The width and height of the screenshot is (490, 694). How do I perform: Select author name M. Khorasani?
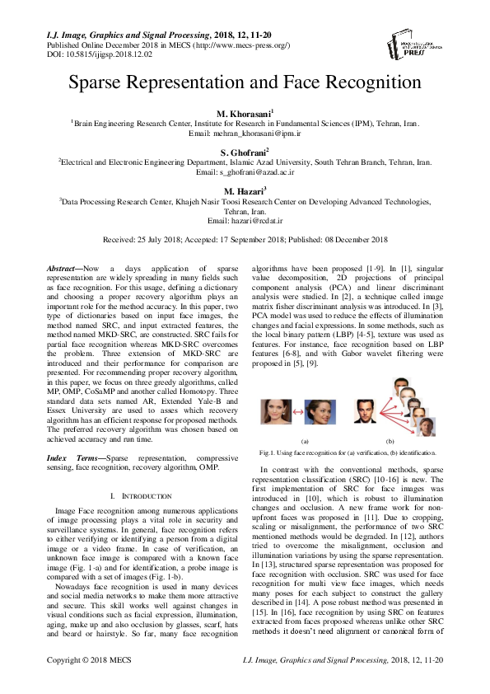244,111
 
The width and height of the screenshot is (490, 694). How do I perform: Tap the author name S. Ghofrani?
244,153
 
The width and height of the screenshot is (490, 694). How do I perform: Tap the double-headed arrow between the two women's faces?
293,410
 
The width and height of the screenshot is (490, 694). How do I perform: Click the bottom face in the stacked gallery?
426,427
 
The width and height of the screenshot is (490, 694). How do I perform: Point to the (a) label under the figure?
305,442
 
